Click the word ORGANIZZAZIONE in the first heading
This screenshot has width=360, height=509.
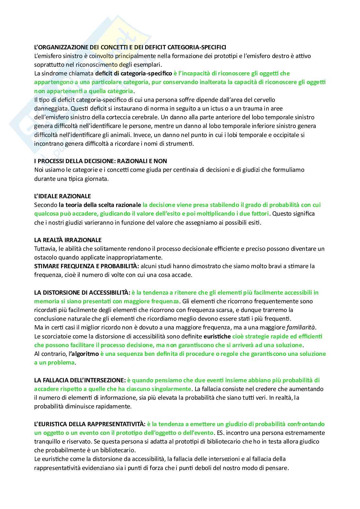coord(62,47)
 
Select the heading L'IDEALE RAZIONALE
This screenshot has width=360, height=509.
coord(63,196)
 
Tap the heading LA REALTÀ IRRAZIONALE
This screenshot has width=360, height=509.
coord(68,240)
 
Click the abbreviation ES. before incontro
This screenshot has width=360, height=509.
coord(221,433)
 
